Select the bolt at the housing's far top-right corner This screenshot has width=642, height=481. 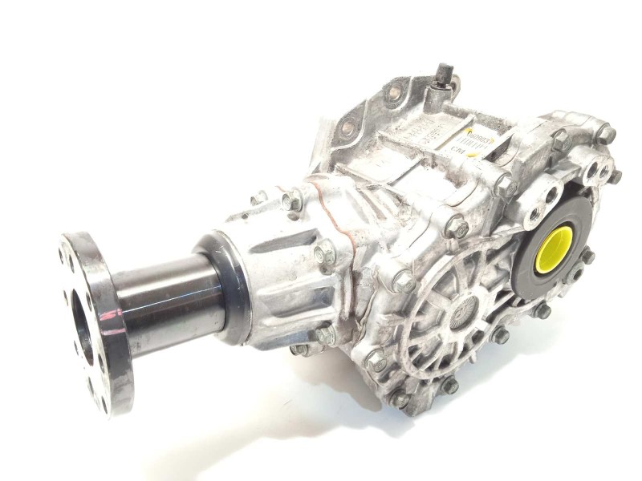pyautogui.click(x=604, y=133)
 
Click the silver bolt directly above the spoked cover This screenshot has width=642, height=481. pyautogui.click(x=457, y=228)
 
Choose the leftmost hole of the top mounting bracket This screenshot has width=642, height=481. pyautogui.click(x=347, y=127)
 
